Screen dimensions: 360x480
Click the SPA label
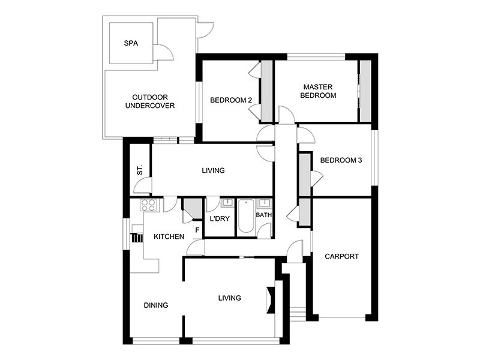point(131,43)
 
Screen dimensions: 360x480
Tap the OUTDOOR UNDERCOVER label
point(149,101)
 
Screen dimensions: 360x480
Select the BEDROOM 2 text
point(230,100)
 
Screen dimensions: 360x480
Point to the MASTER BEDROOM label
point(318,91)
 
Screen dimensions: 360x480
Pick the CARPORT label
point(341,256)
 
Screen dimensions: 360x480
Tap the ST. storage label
point(140,170)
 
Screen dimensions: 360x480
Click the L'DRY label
point(219,218)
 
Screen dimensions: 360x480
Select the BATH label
point(263,215)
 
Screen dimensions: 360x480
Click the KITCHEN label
point(169,236)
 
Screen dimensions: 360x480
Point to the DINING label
point(156,305)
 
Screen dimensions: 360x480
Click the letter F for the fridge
point(197,229)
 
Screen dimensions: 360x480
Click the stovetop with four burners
point(148,206)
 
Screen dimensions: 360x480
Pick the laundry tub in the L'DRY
point(227,203)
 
